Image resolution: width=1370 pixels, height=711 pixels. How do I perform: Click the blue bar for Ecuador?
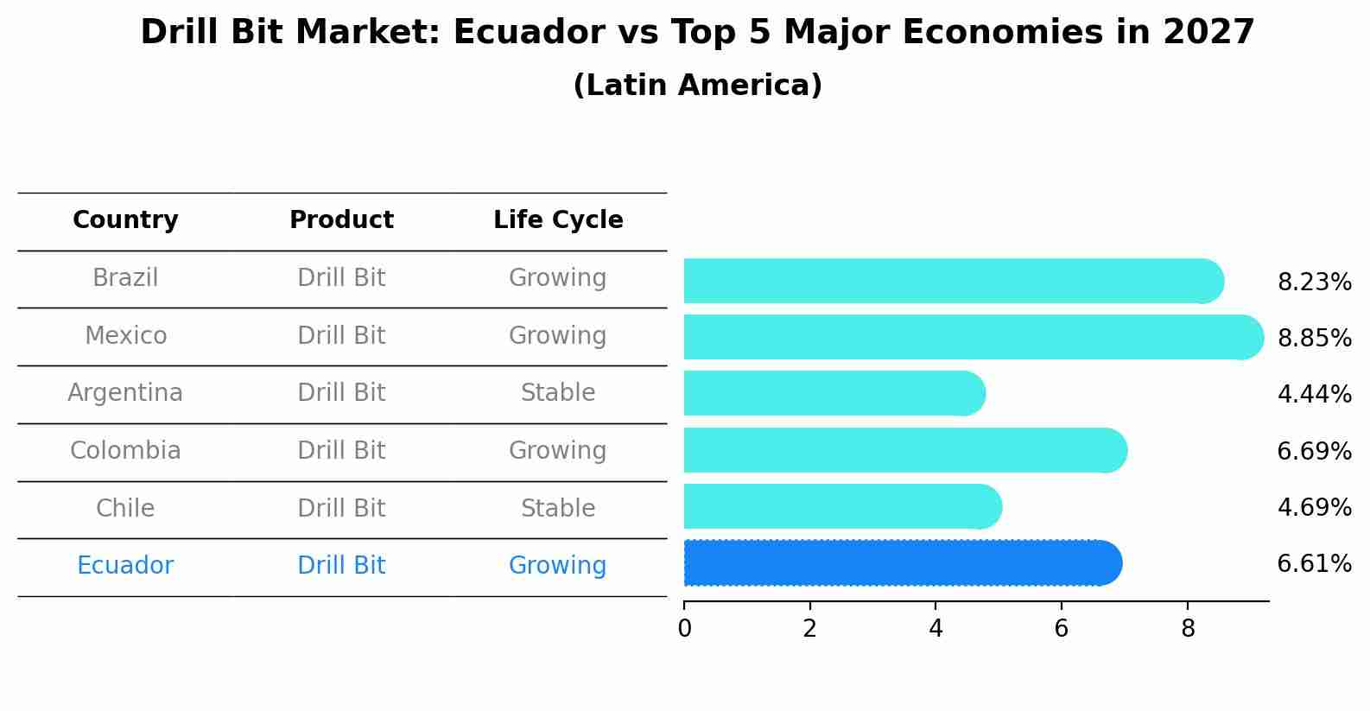pos(898,563)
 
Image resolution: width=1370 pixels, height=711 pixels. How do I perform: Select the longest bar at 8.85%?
pos(967,337)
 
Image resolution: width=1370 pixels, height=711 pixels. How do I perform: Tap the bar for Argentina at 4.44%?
pos(829,394)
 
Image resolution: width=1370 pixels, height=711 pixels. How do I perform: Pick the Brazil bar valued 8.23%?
pos(950,281)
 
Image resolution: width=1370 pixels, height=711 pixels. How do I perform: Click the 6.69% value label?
pos(1314,451)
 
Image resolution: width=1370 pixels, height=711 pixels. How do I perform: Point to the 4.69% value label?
pos(1314,507)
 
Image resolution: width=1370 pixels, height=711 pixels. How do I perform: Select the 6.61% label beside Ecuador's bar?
pos(1314,564)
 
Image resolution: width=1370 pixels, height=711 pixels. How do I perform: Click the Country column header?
pos(125,220)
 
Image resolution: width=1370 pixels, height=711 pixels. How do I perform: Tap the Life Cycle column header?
pos(558,220)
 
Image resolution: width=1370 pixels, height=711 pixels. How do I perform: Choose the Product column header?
pos(341,220)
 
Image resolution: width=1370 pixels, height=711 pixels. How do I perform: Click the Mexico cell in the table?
pos(125,335)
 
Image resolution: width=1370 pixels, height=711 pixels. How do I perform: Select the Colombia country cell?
pos(125,450)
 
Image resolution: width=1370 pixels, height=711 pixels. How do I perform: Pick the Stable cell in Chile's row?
pos(558,508)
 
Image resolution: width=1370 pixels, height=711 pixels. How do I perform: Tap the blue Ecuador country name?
pos(125,565)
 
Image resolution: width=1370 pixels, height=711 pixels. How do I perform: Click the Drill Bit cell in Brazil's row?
pos(341,277)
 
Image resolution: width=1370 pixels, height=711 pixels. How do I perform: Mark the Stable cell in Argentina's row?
pos(558,392)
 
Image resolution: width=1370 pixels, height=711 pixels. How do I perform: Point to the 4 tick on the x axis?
pos(936,628)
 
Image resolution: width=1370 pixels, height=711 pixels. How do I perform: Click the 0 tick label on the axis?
pos(684,628)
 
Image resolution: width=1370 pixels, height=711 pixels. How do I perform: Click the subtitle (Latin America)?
pos(697,86)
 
